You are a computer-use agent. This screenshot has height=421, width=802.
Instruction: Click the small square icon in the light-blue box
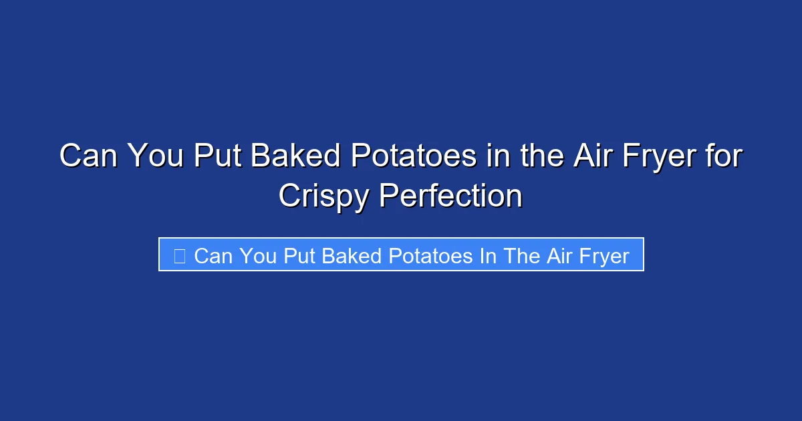pyautogui.click(x=179, y=256)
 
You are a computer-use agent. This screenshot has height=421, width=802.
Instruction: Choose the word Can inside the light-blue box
pyautogui.click(x=213, y=256)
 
